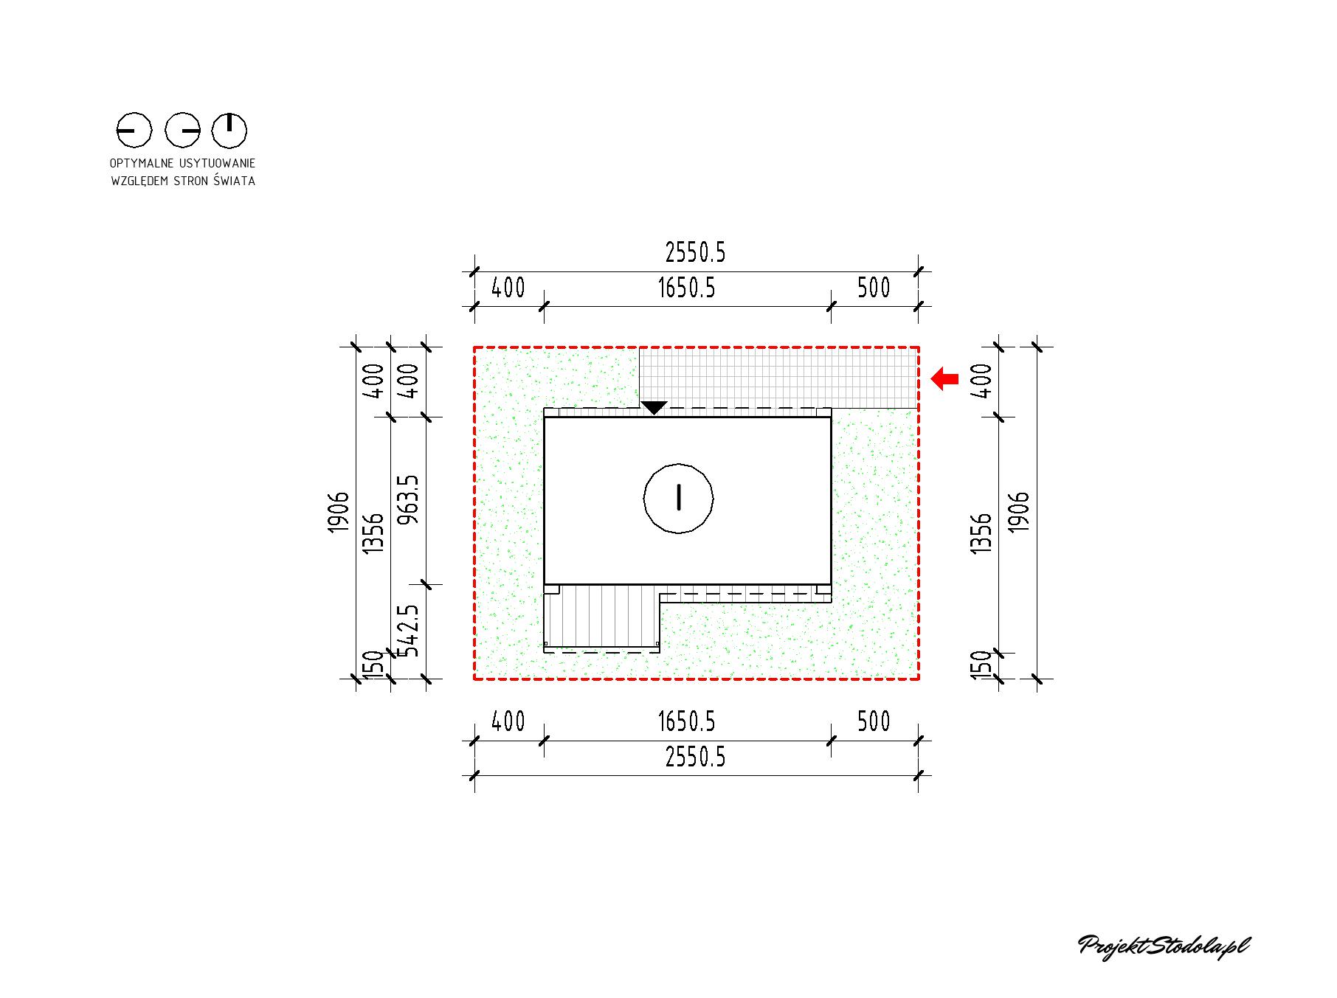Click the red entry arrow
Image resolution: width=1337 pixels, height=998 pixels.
(944, 379)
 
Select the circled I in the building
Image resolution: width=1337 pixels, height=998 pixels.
(679, 498)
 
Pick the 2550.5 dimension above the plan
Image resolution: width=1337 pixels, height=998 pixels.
(695, 253)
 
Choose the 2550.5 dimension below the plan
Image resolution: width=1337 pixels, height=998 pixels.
(695, 758)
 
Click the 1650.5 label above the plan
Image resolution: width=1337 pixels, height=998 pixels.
(686, 288)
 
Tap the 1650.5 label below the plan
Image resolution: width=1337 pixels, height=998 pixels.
(686, 721)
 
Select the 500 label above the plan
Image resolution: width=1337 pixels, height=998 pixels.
(874, 288)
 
